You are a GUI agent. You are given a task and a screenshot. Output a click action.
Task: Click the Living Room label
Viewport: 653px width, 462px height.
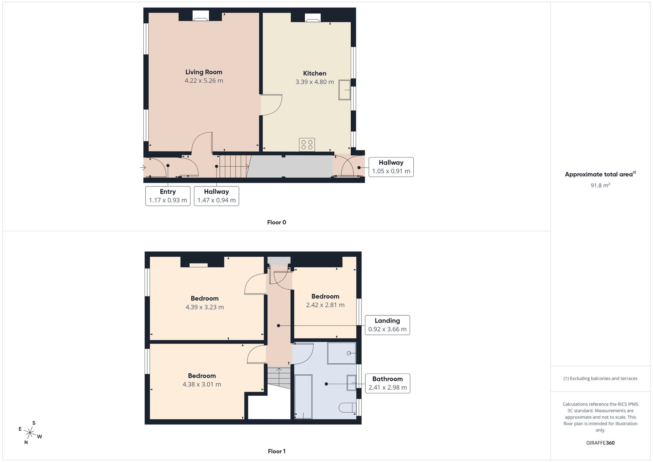coord(204,72)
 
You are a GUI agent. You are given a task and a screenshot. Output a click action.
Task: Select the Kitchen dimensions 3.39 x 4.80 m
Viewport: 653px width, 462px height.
coord(315,82)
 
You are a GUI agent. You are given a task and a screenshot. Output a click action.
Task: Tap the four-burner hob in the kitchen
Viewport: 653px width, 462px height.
coord(307,145)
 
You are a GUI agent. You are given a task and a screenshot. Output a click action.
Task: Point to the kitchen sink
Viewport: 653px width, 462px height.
coord(344,90)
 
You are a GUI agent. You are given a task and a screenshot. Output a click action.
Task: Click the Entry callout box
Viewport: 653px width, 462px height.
coord(168,196)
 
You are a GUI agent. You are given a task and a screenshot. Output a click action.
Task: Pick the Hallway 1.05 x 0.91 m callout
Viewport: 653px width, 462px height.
coord(391,167)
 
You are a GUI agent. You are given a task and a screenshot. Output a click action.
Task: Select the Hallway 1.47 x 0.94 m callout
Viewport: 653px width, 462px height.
coord(216,196)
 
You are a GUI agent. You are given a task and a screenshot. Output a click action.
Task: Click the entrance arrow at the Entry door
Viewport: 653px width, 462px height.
coord(143,167)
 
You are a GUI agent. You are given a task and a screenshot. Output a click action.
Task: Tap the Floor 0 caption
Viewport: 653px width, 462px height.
coord(277,222)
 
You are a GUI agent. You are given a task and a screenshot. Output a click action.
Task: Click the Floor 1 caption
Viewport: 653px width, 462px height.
coord(277,451)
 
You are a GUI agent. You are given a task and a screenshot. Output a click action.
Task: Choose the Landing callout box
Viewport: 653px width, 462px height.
coord(387,325)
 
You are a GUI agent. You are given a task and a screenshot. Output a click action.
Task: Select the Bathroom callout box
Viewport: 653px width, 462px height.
coord(388,383)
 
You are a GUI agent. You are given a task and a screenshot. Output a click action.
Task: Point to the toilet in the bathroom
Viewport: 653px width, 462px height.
coord(347,407)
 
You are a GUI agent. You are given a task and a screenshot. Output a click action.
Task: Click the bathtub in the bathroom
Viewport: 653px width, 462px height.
coord(303,397)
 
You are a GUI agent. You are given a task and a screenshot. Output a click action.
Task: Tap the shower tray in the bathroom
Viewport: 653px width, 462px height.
coord(342,353)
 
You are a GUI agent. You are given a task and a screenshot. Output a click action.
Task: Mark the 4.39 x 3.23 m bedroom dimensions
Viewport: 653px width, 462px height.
coord(205,307)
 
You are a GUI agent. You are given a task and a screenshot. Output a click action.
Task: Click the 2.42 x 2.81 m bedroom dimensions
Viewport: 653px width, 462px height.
coord(325,305)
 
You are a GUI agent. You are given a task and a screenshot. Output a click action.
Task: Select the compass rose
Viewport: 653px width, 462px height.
coord(30,433)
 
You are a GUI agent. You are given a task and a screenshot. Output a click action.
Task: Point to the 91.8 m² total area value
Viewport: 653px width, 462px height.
coord(600,185)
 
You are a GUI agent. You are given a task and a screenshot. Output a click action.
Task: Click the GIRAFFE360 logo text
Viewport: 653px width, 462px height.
coord(600,443)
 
